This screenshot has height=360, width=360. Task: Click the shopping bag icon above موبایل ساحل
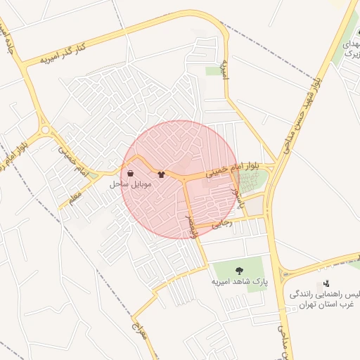(x=130, y=174)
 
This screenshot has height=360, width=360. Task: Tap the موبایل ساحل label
(x=131, y=184)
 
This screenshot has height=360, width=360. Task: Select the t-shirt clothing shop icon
(x=162, y=174)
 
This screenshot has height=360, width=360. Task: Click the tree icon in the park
(x=240, y=269)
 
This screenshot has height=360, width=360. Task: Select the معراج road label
(x=141, y=327)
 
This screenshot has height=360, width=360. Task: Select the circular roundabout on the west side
(x=46, y=130)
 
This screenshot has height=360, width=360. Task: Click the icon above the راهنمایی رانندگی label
(x=326, y=284)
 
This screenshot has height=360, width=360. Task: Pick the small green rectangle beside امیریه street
(x=212, y=71)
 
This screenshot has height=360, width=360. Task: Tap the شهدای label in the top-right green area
(x=349, y=44)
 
